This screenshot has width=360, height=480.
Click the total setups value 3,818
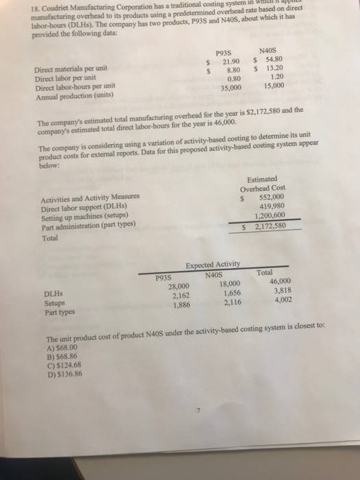click(282, 289)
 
